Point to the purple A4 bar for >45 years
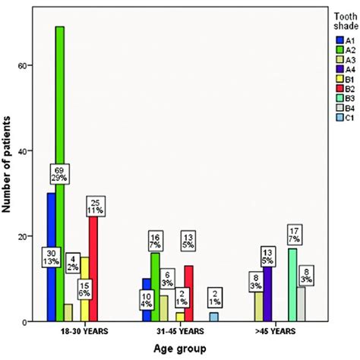coord(267,292)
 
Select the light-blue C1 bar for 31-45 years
coord(214,317)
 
